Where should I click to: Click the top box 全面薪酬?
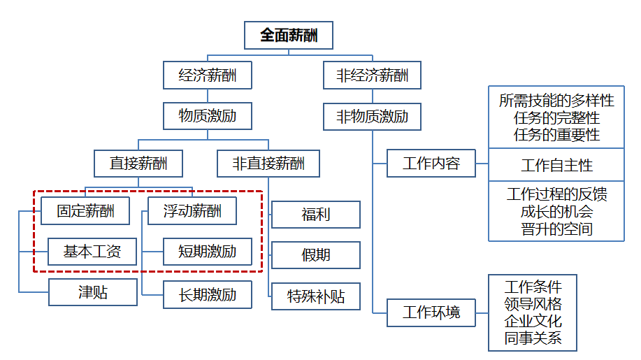(289, 35)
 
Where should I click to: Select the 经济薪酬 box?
(207, 75)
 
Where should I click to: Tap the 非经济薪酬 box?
(372, 75)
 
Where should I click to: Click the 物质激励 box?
(207, 116)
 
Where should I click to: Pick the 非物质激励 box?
(372, 116)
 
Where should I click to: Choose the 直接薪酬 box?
(138, 164)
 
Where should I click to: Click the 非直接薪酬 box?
(268, 164)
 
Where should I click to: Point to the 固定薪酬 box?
(85, 210)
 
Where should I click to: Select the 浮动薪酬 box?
(192, 210)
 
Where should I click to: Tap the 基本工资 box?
(92, 252)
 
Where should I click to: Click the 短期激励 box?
(208, 252)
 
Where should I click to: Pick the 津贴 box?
(93, 292)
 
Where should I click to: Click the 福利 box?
(316, 215)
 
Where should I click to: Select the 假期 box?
(316, 255)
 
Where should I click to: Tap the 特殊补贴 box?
(316, 296)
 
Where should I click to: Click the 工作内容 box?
(431, 164)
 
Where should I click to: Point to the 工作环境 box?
(431, 312)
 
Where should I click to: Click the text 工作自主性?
(556, 166)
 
